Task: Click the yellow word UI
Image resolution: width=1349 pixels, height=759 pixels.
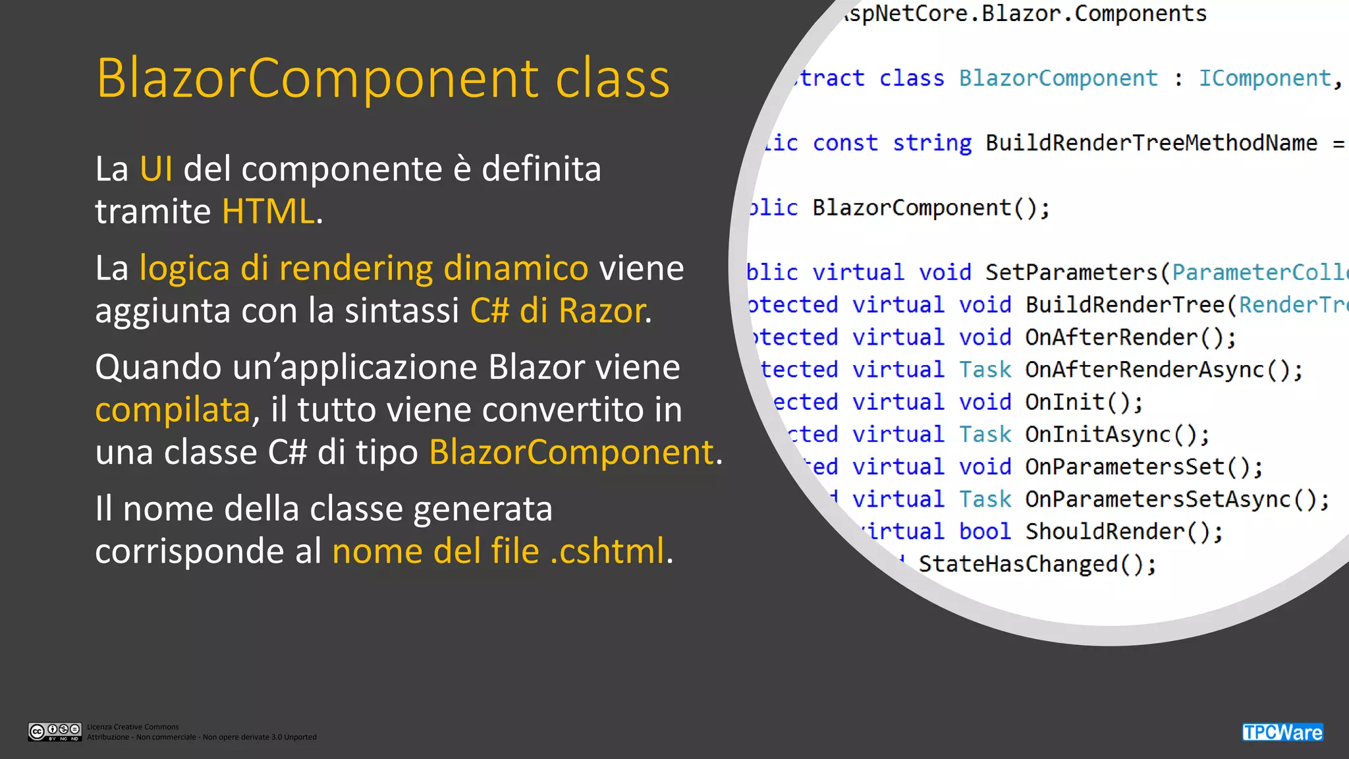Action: [156, 169]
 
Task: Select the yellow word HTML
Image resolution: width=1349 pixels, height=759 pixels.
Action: [268, 212]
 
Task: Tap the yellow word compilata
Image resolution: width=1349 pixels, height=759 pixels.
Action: [173, 410]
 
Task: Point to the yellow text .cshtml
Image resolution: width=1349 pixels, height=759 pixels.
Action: [607, 551]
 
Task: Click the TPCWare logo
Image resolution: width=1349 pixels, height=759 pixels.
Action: [1282, 732]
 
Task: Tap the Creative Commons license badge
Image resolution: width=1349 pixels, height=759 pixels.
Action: [55, 731]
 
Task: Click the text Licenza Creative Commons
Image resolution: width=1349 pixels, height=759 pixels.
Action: [133, 727]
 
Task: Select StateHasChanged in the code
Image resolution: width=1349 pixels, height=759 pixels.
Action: [1018, 564]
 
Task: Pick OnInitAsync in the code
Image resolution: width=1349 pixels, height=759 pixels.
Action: [1098, 435]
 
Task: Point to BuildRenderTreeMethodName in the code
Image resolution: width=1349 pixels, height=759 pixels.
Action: [1151, 143]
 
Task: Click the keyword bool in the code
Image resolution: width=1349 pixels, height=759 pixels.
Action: [984, 532]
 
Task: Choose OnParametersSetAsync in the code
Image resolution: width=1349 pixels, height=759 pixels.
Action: [1157, 499]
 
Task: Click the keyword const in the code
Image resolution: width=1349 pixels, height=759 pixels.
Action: [845, 143]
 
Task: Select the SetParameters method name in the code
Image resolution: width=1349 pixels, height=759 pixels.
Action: [1071, 273]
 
